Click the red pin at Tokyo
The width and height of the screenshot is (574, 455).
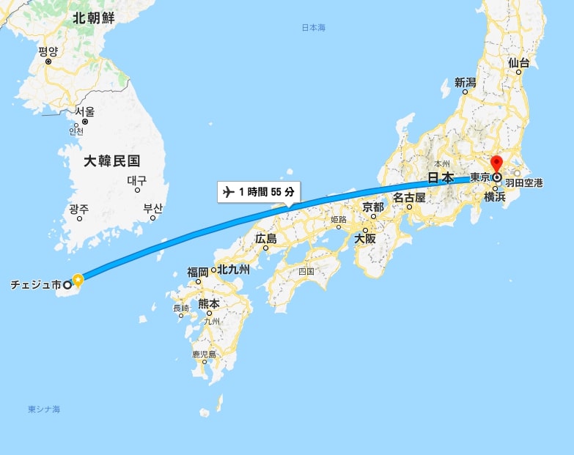(x=496, y=164)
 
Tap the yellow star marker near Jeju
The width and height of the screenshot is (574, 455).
(x=78, y=278)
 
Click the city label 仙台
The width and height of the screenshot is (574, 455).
(x=518, y=63)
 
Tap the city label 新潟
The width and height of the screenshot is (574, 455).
(x=466, y=83)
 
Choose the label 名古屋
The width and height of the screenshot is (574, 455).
(x=409, y=197)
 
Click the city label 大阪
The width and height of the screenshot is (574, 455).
(x=365, y=238)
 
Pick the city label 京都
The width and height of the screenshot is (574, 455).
(x=373, y=207)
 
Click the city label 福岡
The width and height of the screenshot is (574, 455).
(x=198, y=272)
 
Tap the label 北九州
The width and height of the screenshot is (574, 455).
(x=234, y=270)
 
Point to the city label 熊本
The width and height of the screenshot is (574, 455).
(x=209, y=303)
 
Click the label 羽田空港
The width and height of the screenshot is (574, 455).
(x=524, y=182)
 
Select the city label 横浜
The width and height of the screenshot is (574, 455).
(x=495, y=196)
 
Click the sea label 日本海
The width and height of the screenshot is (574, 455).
(x=314, y=28)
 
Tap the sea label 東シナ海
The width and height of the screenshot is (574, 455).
(x=44, y=409)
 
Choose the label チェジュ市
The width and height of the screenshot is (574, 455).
(x=35, y=284)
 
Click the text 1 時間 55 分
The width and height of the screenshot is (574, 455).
(x=267, y=192)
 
